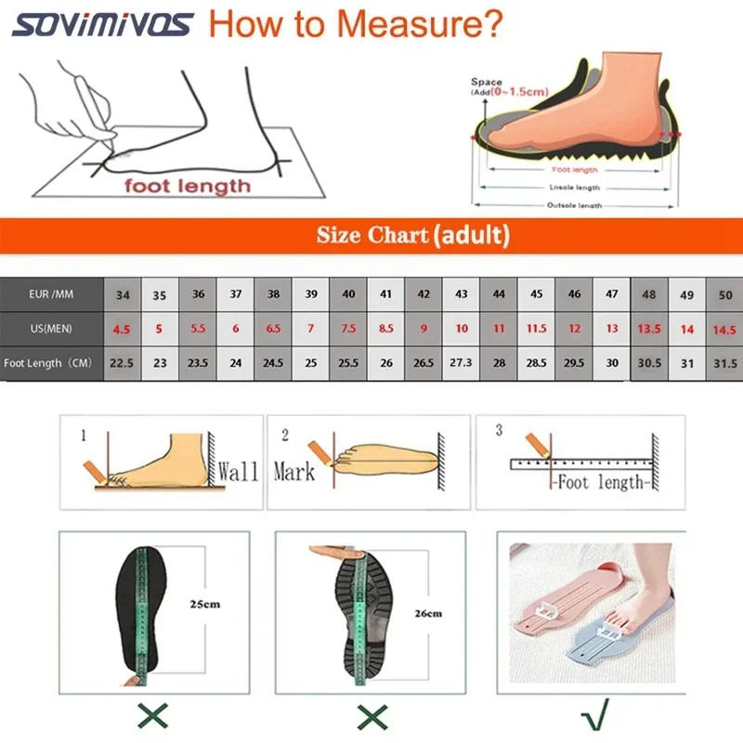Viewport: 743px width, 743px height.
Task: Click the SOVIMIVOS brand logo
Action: tap(103, 24)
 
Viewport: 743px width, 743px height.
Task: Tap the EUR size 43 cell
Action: tap(462, 295)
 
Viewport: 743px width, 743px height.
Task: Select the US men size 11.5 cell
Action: tap(537, 329)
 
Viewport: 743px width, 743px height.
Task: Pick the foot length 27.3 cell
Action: tap(462, 362)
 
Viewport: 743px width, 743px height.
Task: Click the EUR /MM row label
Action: tap(50, 295)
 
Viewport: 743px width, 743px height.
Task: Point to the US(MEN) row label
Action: tap(50, 329)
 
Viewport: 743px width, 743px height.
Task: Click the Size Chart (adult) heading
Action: tap(412, 235)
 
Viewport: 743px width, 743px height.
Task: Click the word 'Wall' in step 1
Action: tap(237, 471)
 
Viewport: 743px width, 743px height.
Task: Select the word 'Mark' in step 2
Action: tap(293, 471)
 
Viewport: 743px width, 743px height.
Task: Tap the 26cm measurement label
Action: tap(427, 613)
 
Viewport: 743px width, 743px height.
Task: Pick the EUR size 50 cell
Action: tap(725, 295)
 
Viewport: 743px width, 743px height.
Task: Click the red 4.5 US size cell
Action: tap(123, 329)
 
